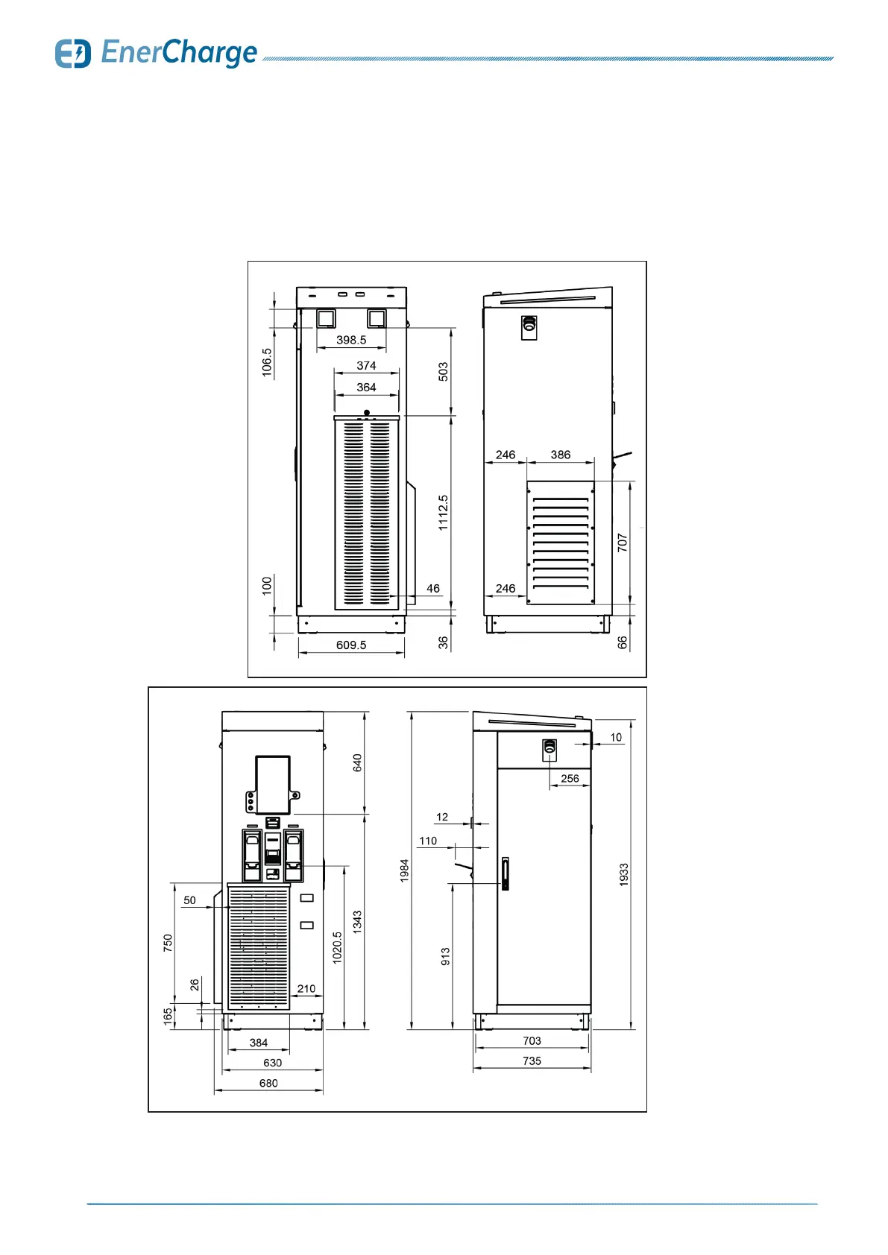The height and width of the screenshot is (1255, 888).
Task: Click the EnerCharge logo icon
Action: coord(73,54)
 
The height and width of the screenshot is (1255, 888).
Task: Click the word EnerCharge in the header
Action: coord(179,53)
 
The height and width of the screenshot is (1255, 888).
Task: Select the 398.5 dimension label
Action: coord(351,340)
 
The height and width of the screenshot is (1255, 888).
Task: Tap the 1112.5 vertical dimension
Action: coord(444,513)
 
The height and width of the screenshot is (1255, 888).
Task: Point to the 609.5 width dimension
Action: coord(351,645)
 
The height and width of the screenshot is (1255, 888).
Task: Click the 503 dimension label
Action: coord(444,372)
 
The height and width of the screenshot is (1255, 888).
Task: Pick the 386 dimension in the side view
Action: coord(561,455)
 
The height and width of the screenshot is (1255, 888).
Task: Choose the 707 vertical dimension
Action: coord(623,543)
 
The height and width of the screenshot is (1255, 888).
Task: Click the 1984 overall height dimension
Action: coord(405,870)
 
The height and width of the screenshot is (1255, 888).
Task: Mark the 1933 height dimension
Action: coord(624,874)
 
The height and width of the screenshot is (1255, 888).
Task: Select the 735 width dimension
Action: coord(532,1060)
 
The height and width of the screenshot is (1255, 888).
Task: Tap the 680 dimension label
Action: coord(268,1083)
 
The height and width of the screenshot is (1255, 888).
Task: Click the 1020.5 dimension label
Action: coord(338,948)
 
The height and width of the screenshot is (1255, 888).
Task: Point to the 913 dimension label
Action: coord(446,956)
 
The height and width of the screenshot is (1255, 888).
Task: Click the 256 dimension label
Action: coord(570,778)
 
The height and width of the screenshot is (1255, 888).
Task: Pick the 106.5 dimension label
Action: coord(267,362)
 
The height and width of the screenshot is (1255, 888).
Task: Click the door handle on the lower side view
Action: coord(505,873)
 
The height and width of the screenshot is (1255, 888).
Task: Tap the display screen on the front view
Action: coord(273,785)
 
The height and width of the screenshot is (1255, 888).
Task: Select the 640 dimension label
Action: coord(358,762)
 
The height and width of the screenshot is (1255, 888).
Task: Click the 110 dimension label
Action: coord(428,841)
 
